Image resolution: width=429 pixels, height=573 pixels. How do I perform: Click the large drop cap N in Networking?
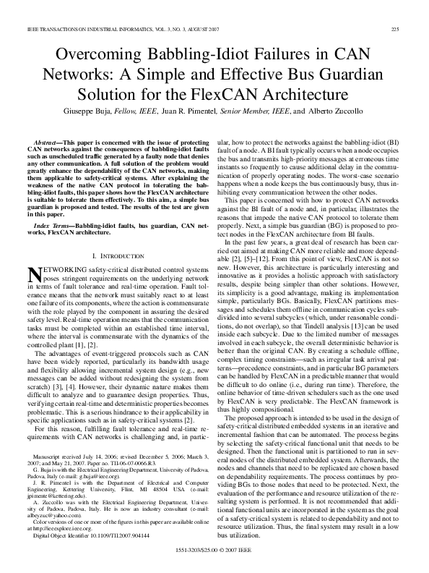(33, 273)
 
